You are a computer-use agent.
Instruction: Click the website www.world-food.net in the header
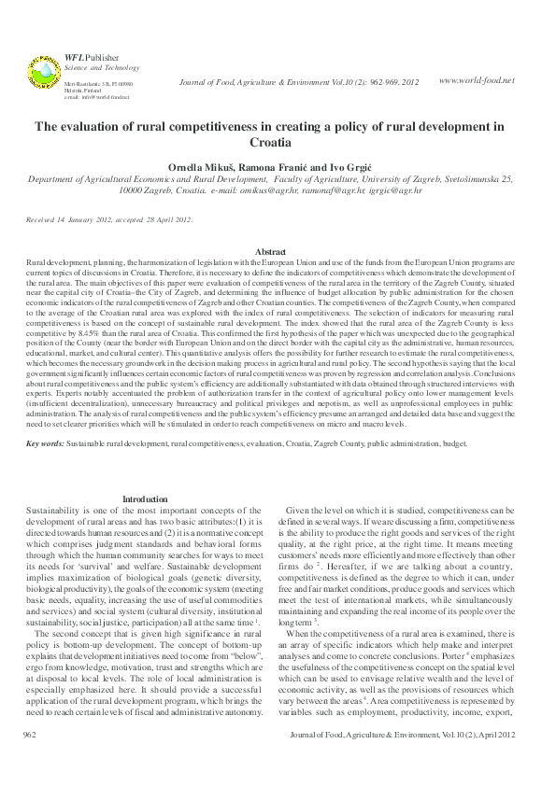[477, 81]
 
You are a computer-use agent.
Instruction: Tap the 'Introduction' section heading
[146, 499]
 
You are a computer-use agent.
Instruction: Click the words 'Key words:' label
[45, 444]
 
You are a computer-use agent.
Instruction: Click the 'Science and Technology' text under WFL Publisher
[89, 67]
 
